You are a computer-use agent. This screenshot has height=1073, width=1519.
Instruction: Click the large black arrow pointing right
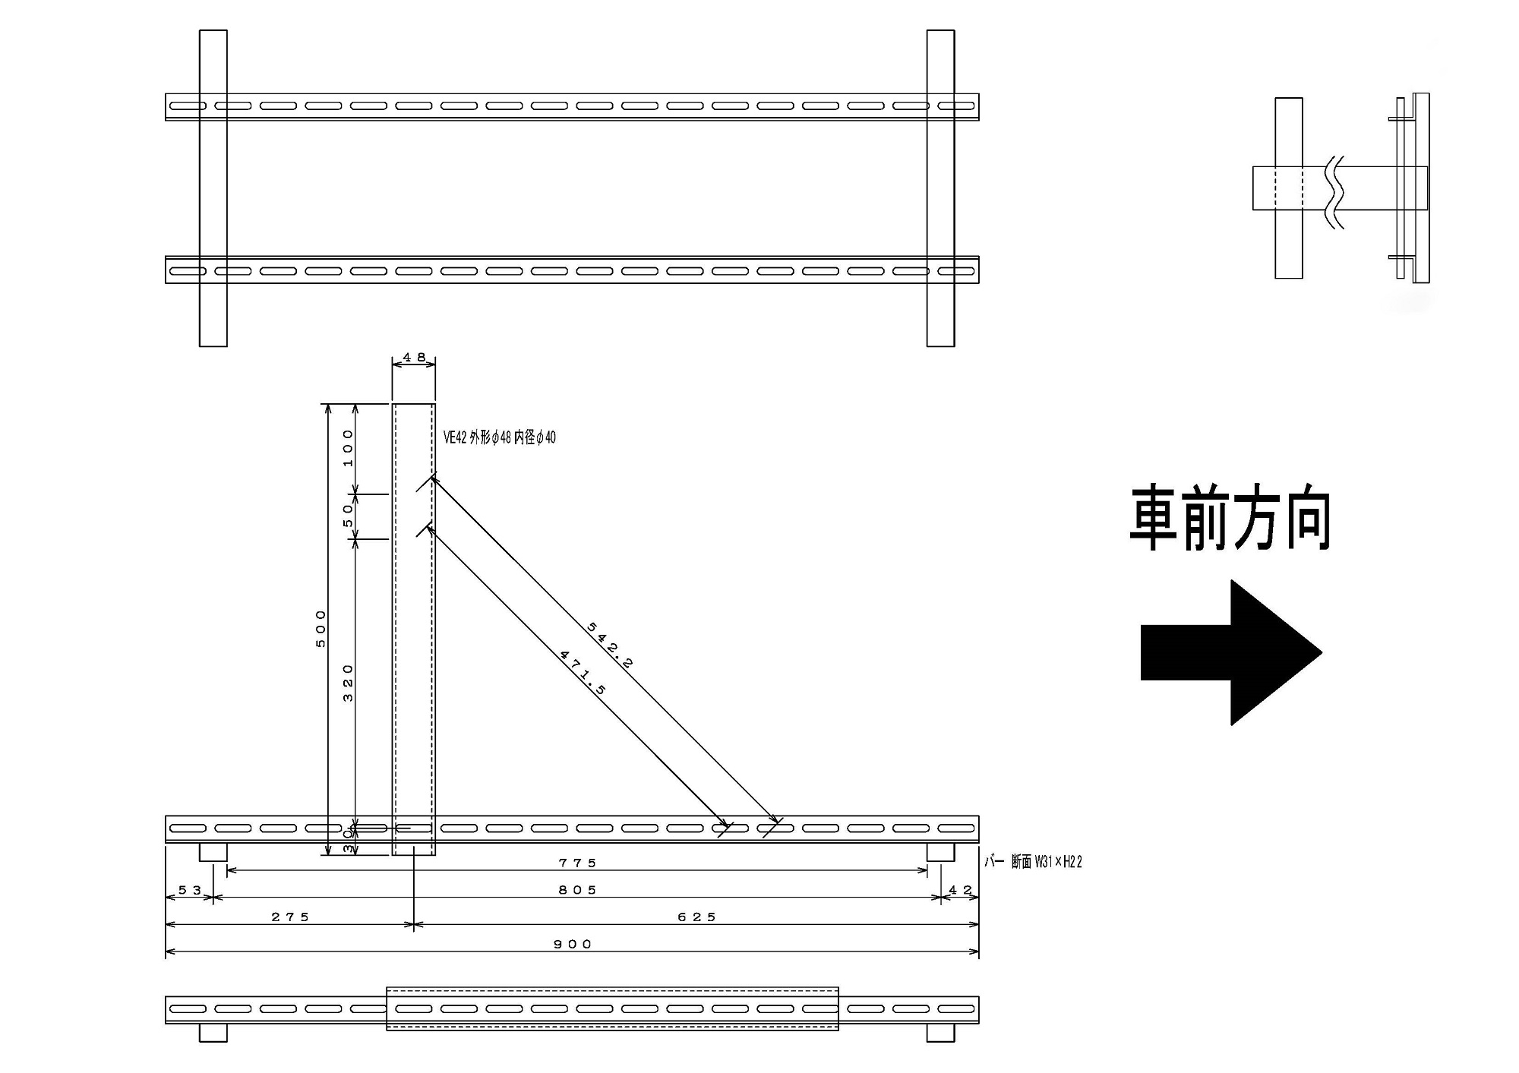[x=1230, y=652]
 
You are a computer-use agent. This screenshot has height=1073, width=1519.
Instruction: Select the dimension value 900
[x=573, y=944]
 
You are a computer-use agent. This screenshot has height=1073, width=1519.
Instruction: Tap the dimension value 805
[x=578, y=890]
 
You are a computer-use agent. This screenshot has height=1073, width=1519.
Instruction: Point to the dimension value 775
[x=578, y=863]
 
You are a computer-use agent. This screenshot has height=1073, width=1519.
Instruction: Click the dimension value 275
[x=291, y=917]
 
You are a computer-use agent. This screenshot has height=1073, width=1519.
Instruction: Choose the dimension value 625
[x=697, y=917]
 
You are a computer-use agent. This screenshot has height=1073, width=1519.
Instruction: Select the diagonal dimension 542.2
[x=610, y=645]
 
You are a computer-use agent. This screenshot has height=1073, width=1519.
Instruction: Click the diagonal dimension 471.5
[x=583, y=672]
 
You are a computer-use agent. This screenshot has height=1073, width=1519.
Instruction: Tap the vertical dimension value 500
[x=321, y=629]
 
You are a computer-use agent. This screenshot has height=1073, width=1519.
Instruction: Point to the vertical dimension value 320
[x=349, y=683]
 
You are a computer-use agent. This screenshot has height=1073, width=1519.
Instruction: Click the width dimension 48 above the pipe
[x=414, y=357]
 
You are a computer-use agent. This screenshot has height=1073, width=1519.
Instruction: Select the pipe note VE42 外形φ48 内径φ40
[x=500, y=437]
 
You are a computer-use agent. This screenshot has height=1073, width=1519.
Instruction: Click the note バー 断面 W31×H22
[x=1034, y=862]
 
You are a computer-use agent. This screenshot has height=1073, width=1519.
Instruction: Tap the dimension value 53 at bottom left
[x=190, y=890]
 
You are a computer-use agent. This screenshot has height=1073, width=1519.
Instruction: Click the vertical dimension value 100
[x=349, y=448]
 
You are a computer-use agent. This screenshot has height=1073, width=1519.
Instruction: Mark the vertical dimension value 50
[x=349, y=516]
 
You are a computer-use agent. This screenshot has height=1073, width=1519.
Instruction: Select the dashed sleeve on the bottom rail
[x=612, y=1008]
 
